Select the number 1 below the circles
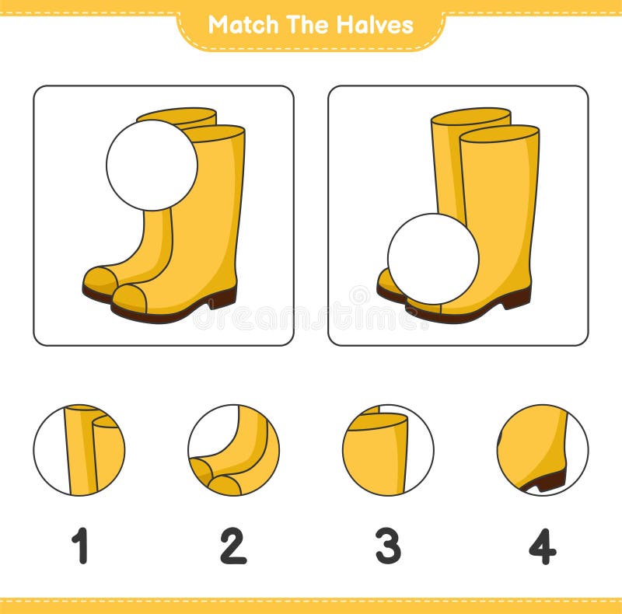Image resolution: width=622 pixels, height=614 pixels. pos(79,546)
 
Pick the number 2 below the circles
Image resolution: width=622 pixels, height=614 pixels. pos(233,546)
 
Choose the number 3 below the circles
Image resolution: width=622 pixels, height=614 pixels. pos(388,546)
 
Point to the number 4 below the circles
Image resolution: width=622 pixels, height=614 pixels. pos(543,546)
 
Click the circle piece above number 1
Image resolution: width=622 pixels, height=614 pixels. pos(79,450)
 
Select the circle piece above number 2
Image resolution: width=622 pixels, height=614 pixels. pos(233,450)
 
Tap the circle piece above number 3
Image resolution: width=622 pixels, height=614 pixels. pos(388,450)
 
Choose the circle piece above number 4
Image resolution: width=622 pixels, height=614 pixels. pos(543,450)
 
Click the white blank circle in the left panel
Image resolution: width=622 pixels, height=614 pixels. pos(152,165)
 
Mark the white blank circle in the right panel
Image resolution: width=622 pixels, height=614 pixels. pos(433,259)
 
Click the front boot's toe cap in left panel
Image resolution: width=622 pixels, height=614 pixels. pos(129,298)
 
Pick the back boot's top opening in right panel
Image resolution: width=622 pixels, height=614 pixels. pos(470,116)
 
